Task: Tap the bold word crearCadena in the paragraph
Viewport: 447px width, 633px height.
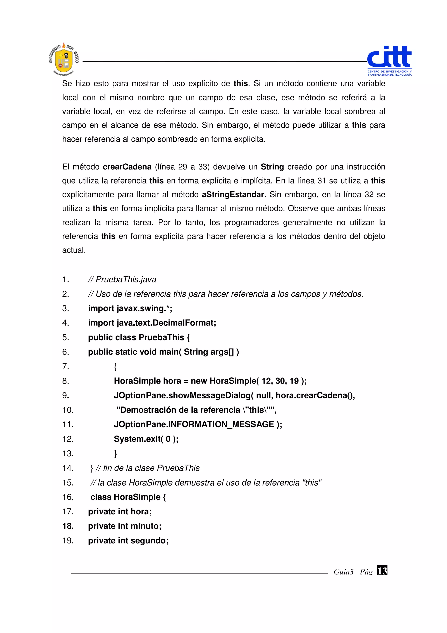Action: click(x=127, y=167)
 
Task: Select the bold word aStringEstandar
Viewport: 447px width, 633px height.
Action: click(x=233, y=195)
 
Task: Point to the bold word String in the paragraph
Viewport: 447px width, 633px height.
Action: click(x=272, y=167)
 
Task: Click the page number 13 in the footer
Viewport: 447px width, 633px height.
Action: click(x=382, y=570)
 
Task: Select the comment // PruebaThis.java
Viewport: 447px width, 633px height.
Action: click(x=122, y=280)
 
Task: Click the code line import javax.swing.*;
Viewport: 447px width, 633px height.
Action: click(x=130, y=308)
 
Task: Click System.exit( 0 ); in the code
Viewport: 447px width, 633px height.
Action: click(x=146, y=439)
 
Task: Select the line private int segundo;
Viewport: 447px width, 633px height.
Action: click(x=128, y=541)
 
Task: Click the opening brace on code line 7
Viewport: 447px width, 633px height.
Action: click(x=115, y=367)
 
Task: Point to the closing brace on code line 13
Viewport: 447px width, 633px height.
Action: click(x=116, y=453)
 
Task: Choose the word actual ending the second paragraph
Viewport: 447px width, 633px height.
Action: click(x=74, y=250)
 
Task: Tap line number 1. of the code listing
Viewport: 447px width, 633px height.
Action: click(x=65, y=280)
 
